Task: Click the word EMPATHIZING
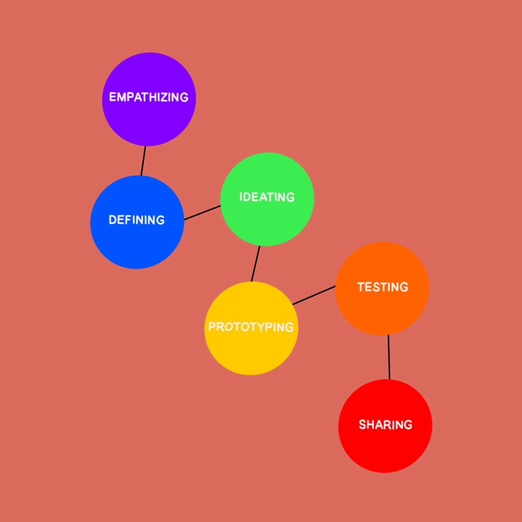point(149,97)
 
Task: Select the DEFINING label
point(136,220)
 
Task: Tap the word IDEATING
point(267,197)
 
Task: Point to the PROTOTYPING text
point(251,327)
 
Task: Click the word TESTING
point(383,287)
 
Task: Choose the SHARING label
point(386,425)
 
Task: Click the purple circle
point(149,122)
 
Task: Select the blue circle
point(137,243)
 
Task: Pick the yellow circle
point(251,351)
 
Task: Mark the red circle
point(385,449)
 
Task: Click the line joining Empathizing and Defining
point(143,161)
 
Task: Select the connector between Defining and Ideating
point(202,213)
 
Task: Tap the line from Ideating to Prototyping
point(256,264)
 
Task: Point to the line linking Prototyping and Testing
point(314,295)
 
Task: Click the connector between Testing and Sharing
point(389,357)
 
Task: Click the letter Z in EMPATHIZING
point(167,97)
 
